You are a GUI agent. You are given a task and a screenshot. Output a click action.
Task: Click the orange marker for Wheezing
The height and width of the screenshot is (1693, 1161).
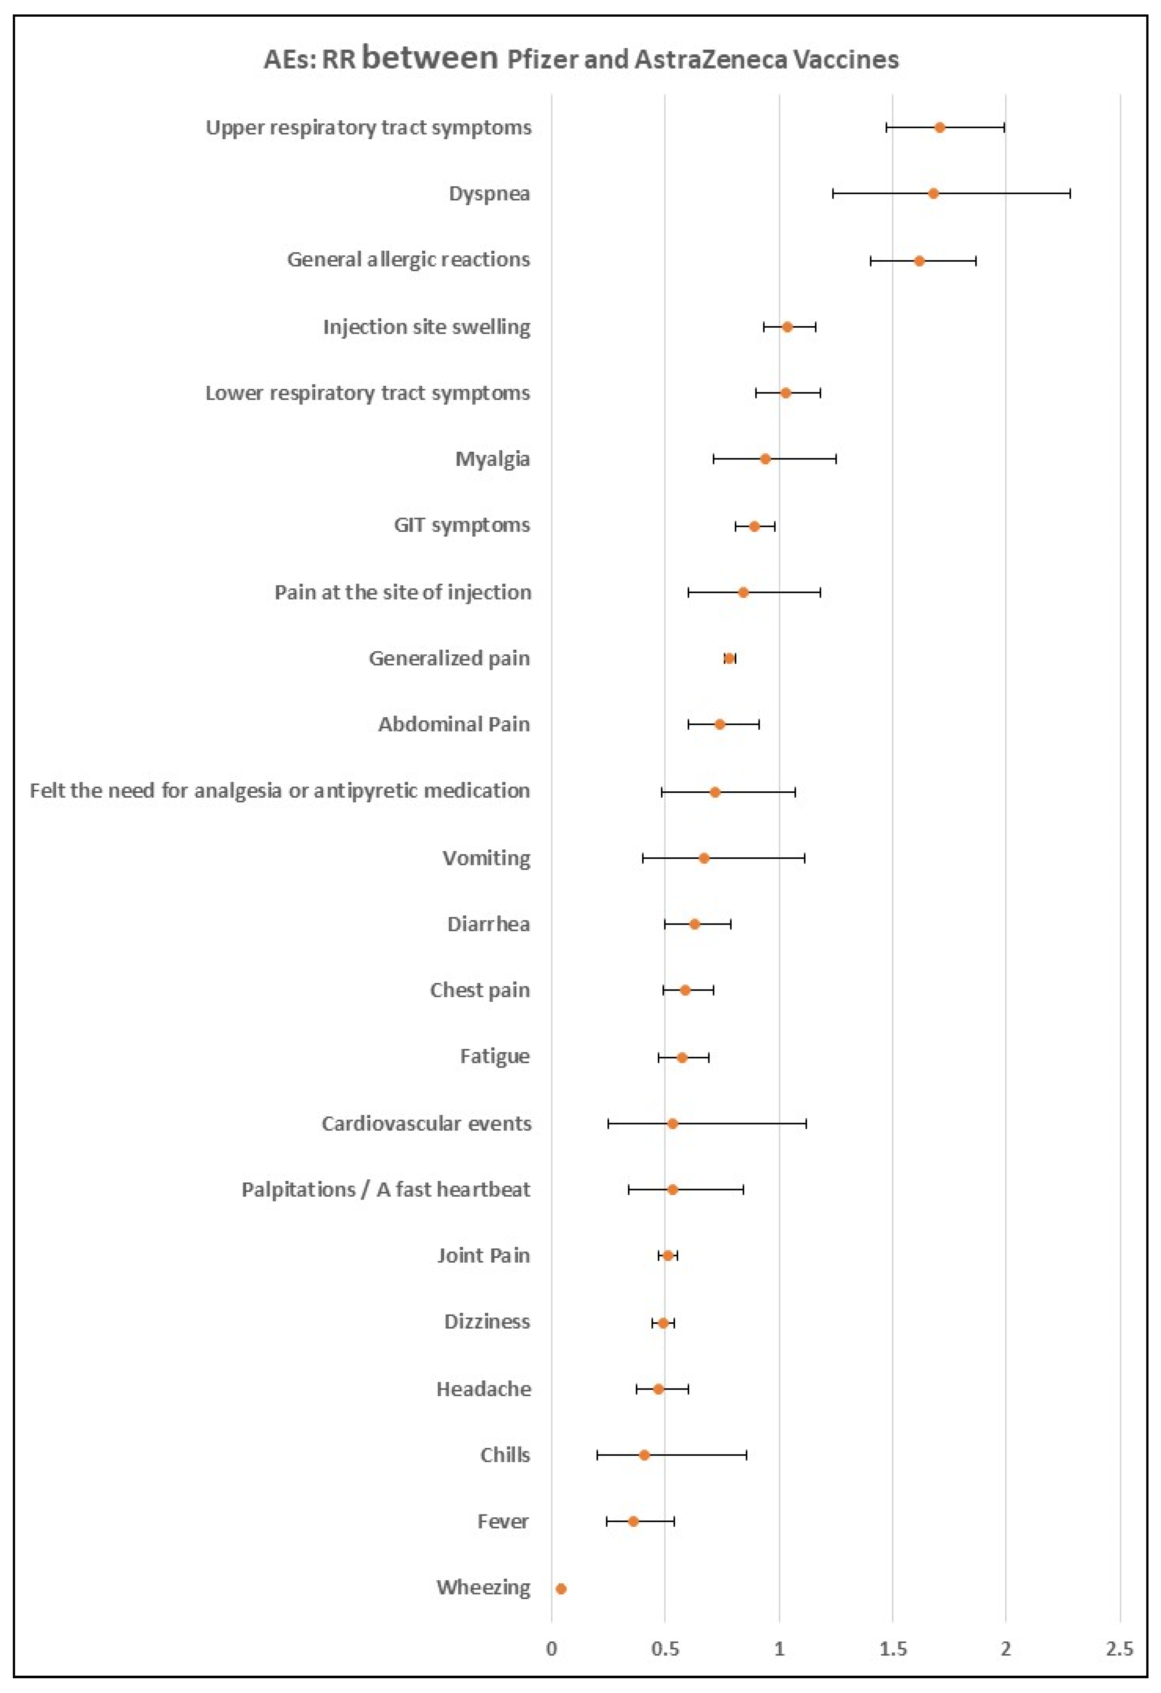[561, 1588]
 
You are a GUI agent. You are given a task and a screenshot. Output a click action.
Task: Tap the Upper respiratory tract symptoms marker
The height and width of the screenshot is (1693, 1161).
[939, 128]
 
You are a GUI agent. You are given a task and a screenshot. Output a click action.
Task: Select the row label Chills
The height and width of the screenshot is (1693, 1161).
[505, 1455]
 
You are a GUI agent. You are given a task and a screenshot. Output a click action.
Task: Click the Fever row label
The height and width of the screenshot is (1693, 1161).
[503, 1521]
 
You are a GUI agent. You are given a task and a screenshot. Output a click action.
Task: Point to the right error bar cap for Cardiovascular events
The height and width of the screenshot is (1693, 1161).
[805, 1123]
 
